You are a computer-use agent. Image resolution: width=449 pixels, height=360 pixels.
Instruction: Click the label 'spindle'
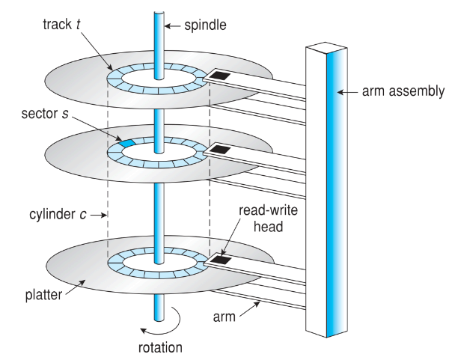pyautogui.click(x=205, y=25)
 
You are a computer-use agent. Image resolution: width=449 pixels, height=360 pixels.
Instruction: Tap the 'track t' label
pyautogui.click(x=61, y=24)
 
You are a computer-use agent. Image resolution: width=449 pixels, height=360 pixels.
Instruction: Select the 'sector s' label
pyautogui.click(x=45, y=114)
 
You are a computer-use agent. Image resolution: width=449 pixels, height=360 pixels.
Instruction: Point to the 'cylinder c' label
pyautogui.click(x=58, y=214)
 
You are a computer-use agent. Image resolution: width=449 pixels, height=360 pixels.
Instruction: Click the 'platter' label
pyautogui.click(x=43, y=295)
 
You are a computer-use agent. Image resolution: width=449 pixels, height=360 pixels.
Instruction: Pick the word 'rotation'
pyautogui.click(x=160, y=347)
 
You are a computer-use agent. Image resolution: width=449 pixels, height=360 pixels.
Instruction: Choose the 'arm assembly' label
pyautogui.click(x=403, y=91)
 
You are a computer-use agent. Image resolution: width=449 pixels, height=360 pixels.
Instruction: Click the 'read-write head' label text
pyautogui.click(x=269, y=219)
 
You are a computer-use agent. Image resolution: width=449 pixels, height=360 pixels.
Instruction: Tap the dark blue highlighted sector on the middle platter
pyautogui.click(x=127, y=142)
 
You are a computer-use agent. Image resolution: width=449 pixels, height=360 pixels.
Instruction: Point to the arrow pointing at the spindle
pyautogui.click(x=173, y=26)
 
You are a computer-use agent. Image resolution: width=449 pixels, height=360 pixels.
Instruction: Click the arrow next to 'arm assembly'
pyautogui.click(x=348, y=92)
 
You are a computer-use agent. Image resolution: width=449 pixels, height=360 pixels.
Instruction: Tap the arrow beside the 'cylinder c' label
pyautogui.click(x=99, y=215)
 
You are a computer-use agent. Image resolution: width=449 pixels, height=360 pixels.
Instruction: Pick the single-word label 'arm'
pyautogui.click(x=224, y=317)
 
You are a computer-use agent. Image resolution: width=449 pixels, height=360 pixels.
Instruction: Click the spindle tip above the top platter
pyautogui.click(x=159, y=13)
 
